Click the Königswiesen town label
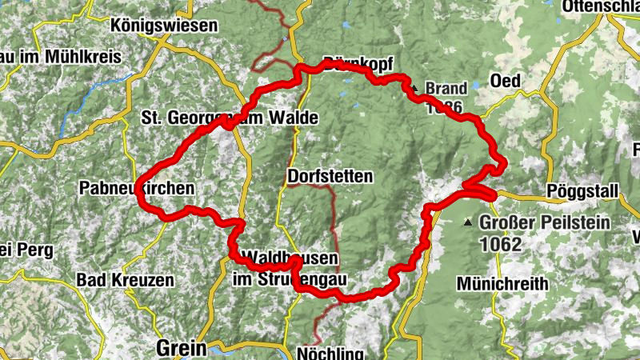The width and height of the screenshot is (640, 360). click(166, 26)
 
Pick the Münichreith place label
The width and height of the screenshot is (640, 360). click(502, 283)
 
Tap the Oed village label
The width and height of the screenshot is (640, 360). click(506, 82)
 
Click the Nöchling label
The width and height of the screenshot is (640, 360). click(330, 353)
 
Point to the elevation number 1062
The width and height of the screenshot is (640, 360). click(502, 244)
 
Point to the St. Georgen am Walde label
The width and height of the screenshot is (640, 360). click(230, 119)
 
